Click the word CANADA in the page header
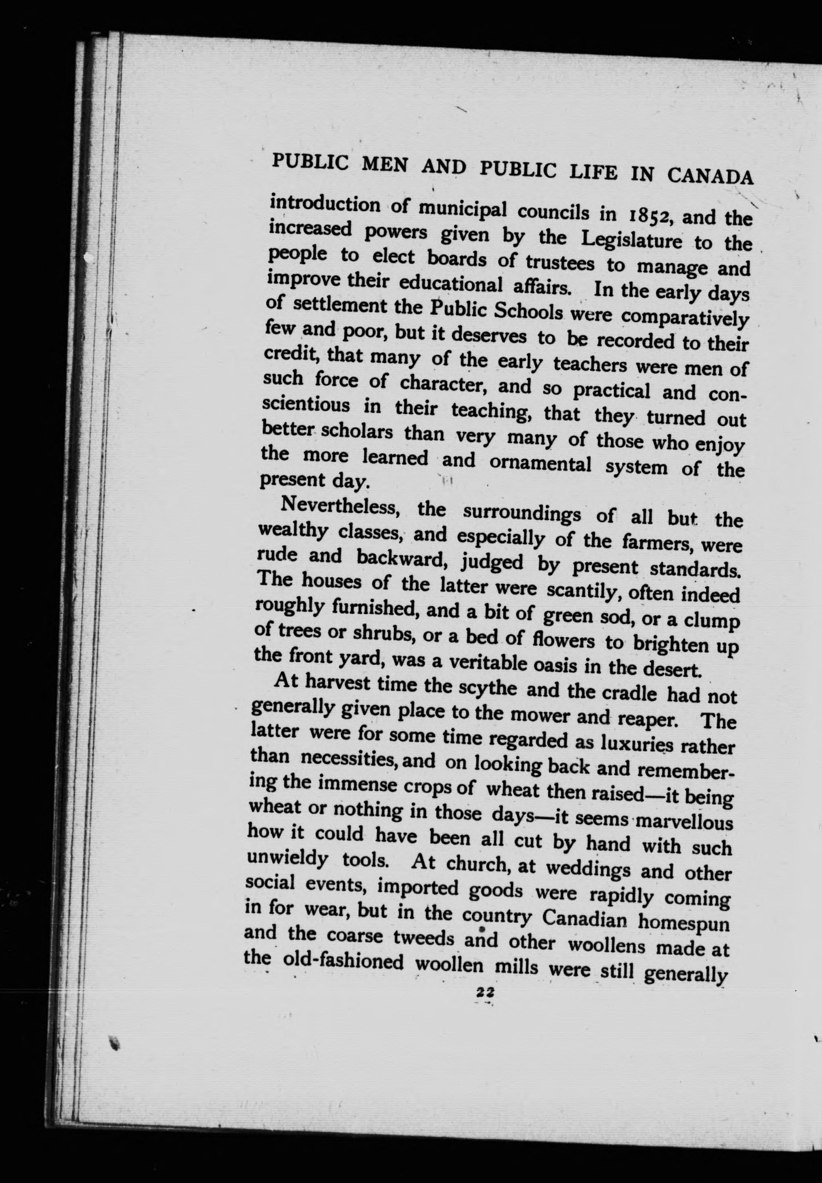point(710,177)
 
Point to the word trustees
point(559,263)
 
